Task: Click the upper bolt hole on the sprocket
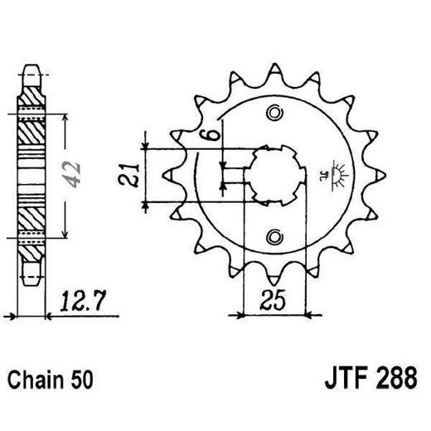[x=274, y=114]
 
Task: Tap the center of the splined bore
[x=274, y=175]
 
